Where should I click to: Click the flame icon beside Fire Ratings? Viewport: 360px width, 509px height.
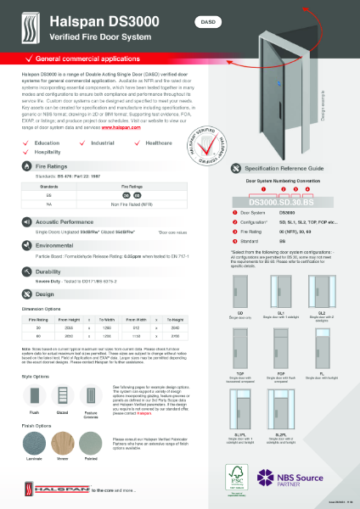pos(17,170)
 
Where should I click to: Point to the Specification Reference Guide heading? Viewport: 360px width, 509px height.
pos(281,170)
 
